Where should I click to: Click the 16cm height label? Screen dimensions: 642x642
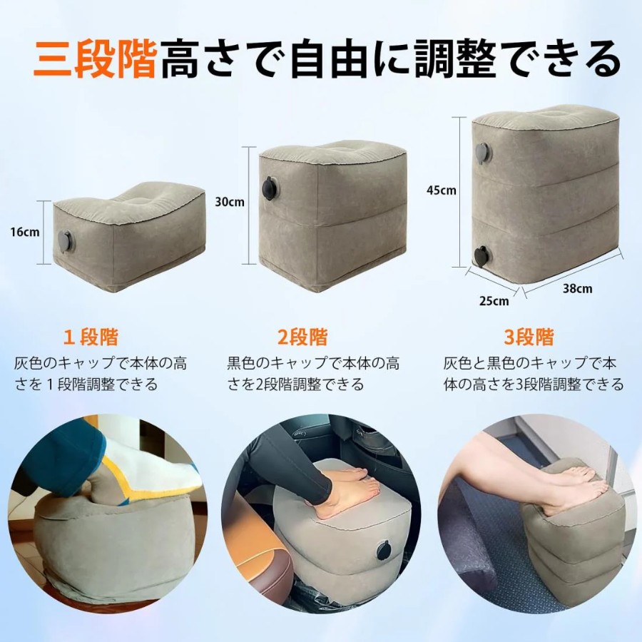coord(25,232)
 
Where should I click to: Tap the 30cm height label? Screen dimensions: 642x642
coord(230,202)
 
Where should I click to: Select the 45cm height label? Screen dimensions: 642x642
coord(441,190)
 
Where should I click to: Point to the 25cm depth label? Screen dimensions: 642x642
coord(494,301)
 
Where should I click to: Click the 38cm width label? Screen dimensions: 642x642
coord(577,289)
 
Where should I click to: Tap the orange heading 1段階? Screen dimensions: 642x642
coord(91,337)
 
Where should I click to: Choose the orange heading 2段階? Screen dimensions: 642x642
coord(302,337)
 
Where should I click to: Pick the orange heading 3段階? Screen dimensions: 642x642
coord(529,337)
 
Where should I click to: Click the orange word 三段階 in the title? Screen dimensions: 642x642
coord(96,58)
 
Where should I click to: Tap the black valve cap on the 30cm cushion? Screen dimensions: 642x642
coord(270,188)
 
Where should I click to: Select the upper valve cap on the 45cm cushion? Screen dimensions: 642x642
coord(483,153)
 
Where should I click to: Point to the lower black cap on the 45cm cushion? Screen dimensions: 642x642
coord(483,256)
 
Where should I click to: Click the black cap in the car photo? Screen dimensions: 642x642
coord(384,550)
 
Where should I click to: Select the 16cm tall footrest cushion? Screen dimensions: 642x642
coord(128,237)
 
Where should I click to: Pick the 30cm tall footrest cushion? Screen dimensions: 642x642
coord(332,216)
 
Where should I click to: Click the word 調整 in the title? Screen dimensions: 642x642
coord(455,58)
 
